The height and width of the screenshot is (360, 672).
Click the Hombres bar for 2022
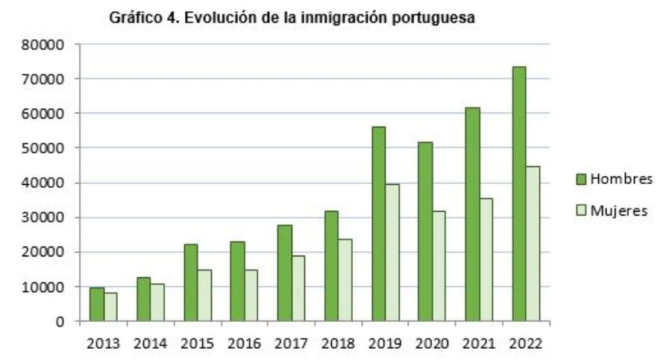coord(519,194)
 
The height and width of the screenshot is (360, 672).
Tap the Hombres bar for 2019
coord(378,224)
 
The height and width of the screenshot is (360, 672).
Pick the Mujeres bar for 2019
coord(392,253)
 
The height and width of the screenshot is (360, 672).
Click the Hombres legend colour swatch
coord(581,179)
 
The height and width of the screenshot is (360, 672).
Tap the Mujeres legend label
coord(618,211)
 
